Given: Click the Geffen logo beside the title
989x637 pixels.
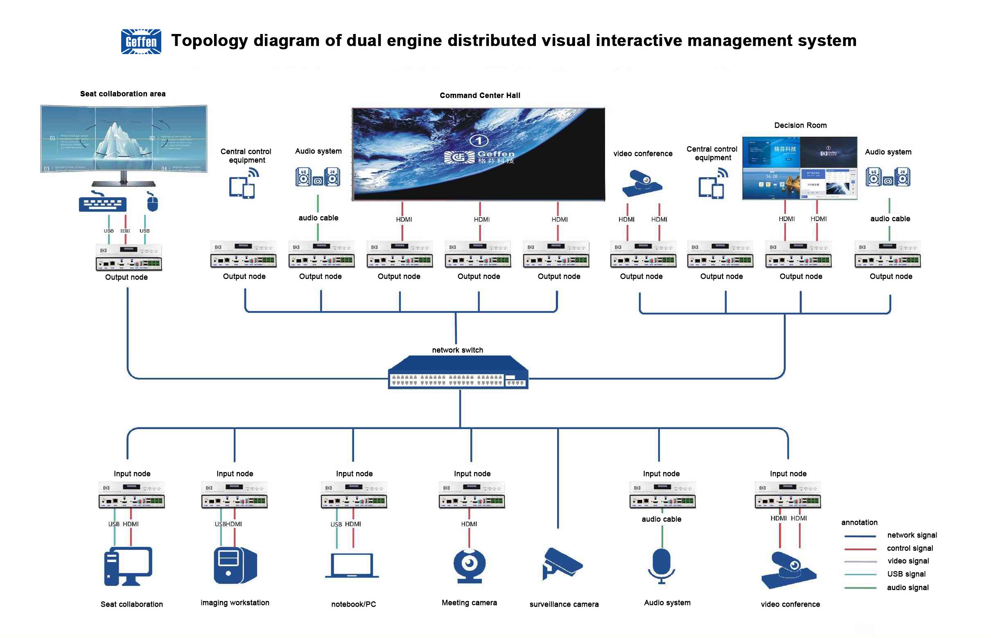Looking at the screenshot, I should coord(141,41).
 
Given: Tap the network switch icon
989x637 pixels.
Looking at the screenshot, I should coord(458,372).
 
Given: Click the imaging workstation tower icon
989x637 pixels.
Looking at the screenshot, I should coord(235,565).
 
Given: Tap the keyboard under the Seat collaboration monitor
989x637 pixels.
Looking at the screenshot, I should coord(103,203).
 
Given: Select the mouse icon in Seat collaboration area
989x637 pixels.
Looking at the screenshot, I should coord(152,203).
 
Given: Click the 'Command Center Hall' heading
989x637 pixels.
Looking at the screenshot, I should coord(480,95).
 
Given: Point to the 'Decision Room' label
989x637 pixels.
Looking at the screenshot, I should coord(800,125).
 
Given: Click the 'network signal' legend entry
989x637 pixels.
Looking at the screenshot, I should coord(912,535).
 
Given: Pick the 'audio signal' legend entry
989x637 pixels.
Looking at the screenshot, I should coord(908,587).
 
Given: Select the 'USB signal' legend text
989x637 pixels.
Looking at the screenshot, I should coord(906,574).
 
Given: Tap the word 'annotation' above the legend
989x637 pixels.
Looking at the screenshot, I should coord(859,522).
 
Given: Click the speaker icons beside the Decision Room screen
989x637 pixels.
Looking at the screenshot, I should coord(887,177).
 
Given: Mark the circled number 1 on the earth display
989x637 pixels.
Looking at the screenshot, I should coord(479,141).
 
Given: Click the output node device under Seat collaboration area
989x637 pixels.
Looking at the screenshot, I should coord(129,257).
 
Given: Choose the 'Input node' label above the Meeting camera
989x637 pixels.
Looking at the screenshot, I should coord(472,474).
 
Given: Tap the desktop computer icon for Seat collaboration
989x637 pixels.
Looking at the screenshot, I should coord(128,566).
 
